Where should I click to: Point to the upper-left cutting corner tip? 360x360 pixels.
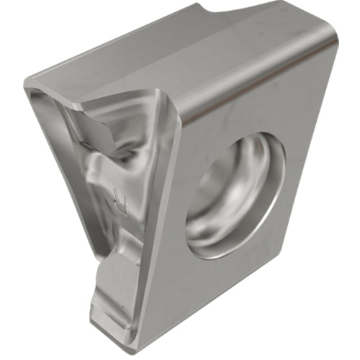pyautogui.click(x=29, y=90)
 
